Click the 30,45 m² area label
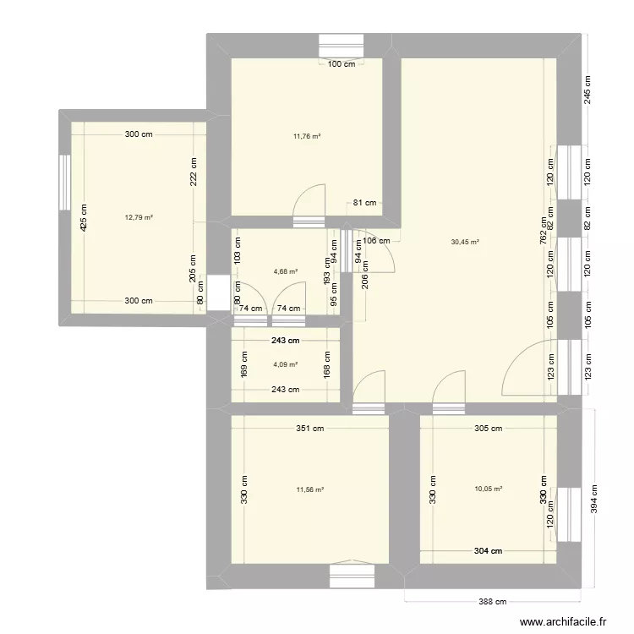(x=465, y=242)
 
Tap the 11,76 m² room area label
(x=307, y=135)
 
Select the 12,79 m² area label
(x=139, y=217)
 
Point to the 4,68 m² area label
(x=286, y=271)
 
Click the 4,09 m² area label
(x=286, y=365)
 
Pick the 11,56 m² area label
(x=309, y=489)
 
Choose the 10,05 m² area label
(x=489, y=489)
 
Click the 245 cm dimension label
(x=587, y=90)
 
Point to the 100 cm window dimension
(x=341, y=64)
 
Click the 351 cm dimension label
(x=310, y=429)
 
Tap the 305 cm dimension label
(x=488, y=429)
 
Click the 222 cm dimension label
(x=193, y=172)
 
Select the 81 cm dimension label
(x=365, y=203)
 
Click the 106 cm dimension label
(x=378, y=240)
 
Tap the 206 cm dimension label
(x=365, y=276)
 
